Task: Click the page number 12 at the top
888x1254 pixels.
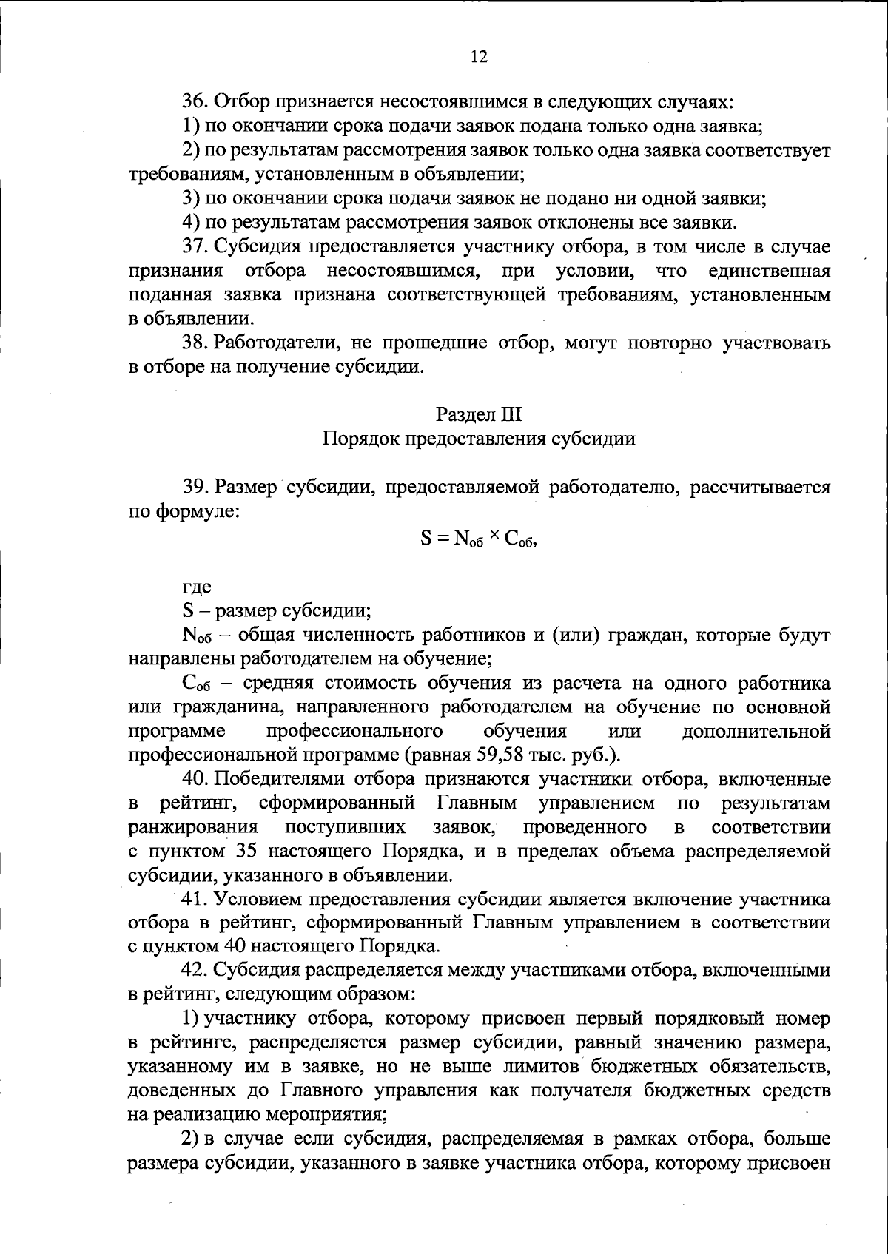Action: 479,57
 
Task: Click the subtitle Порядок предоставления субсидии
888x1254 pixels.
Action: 479,439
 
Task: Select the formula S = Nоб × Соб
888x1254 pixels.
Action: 479,539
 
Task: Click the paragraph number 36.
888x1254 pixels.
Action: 194,101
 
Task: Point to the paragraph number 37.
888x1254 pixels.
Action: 194,246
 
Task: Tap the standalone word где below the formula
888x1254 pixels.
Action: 197,587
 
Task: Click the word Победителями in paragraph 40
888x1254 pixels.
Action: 282,779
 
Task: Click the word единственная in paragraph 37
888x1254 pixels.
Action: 769,271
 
